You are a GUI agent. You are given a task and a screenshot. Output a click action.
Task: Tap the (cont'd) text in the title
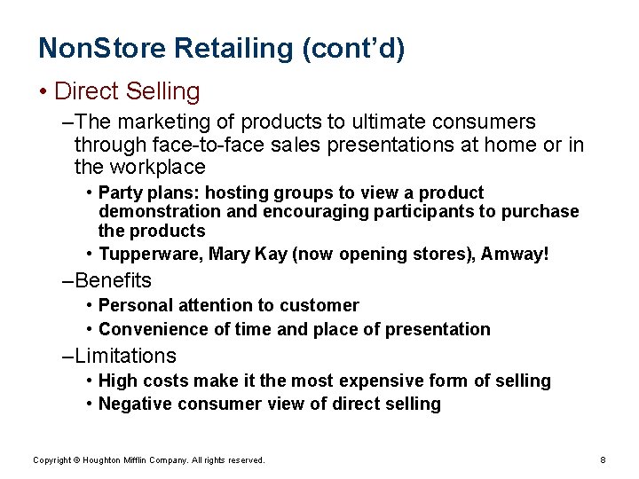coord(353,49)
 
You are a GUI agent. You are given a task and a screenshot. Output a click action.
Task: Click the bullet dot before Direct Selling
coord(43,92)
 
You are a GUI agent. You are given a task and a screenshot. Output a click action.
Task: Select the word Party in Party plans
coord(118,192)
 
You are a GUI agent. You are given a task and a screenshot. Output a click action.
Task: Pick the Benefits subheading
coord(114,281)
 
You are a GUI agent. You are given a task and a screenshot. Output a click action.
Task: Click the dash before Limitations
coord(68,357)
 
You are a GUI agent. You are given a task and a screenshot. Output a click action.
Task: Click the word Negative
coord(135,404)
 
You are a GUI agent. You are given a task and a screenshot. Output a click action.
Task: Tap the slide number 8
coord(603,460)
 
